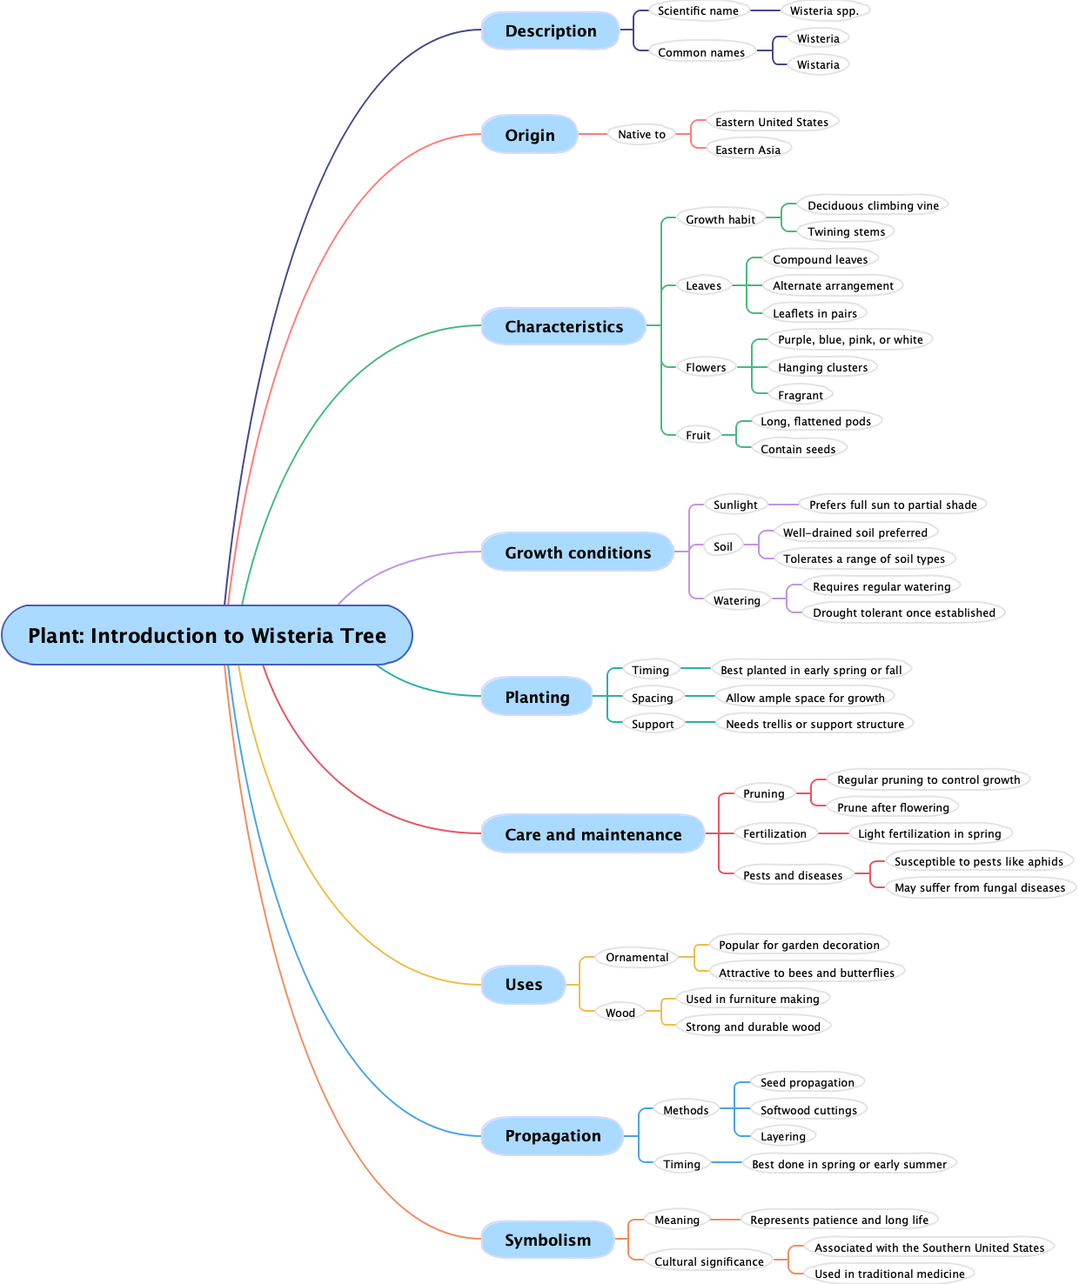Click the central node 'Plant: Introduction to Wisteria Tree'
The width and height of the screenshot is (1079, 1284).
pos(207,636)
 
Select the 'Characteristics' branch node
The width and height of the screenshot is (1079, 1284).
pos(564,326)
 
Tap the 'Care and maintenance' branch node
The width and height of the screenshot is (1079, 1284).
pos(593,834)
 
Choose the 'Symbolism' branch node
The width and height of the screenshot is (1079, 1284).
pos(547,1240)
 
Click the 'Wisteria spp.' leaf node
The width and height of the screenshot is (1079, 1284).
pos(824,11)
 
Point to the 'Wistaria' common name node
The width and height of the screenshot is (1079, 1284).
pos(818,65)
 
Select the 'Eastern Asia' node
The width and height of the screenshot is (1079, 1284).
pos(747,150)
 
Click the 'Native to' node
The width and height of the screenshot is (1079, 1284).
pos(641,135)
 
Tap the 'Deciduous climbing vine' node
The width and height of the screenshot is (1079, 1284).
pos(873,206)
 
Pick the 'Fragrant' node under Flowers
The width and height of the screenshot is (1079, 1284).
pos(800,395)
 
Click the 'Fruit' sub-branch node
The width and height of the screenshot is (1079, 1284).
pos(698,435)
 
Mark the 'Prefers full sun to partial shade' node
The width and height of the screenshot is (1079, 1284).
pos(893,505)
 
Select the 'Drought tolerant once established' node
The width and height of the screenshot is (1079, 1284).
pos(903,613)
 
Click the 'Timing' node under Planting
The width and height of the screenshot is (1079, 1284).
pos(650,670)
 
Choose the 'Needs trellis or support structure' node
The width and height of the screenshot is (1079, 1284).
pos(814,724)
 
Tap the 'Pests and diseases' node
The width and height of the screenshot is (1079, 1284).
pos(793,875)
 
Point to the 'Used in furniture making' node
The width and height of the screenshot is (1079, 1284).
pos(752,1000)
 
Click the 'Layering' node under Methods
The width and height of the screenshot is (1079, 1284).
pos(782,1136)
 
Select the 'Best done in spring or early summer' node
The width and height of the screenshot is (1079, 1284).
pos(848,1164)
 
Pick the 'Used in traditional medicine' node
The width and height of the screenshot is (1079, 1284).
pos(889,1274)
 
